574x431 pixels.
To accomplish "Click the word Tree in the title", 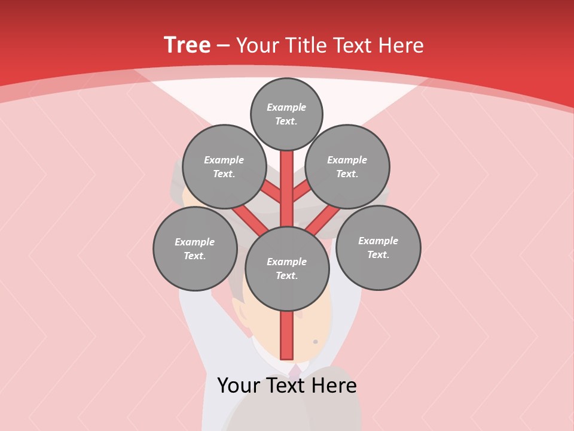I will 187,45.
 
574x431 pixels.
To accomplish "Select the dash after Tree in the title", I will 223,46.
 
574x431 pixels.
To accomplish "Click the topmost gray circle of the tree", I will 286,114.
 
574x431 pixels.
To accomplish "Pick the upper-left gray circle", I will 224,167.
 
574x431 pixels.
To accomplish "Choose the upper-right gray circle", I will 347,167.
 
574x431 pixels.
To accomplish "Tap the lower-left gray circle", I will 195,249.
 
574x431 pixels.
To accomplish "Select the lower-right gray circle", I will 378,248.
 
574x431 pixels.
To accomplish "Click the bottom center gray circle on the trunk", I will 287,269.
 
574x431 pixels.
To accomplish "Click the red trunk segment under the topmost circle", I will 287,180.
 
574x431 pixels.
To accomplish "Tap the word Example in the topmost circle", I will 286,108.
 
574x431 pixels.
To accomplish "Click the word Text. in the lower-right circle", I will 378,255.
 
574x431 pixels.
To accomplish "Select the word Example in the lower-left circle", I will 195,242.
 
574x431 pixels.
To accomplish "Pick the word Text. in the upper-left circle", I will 224,174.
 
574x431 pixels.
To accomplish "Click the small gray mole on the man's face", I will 316,342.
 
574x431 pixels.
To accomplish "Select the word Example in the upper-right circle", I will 347,160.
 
